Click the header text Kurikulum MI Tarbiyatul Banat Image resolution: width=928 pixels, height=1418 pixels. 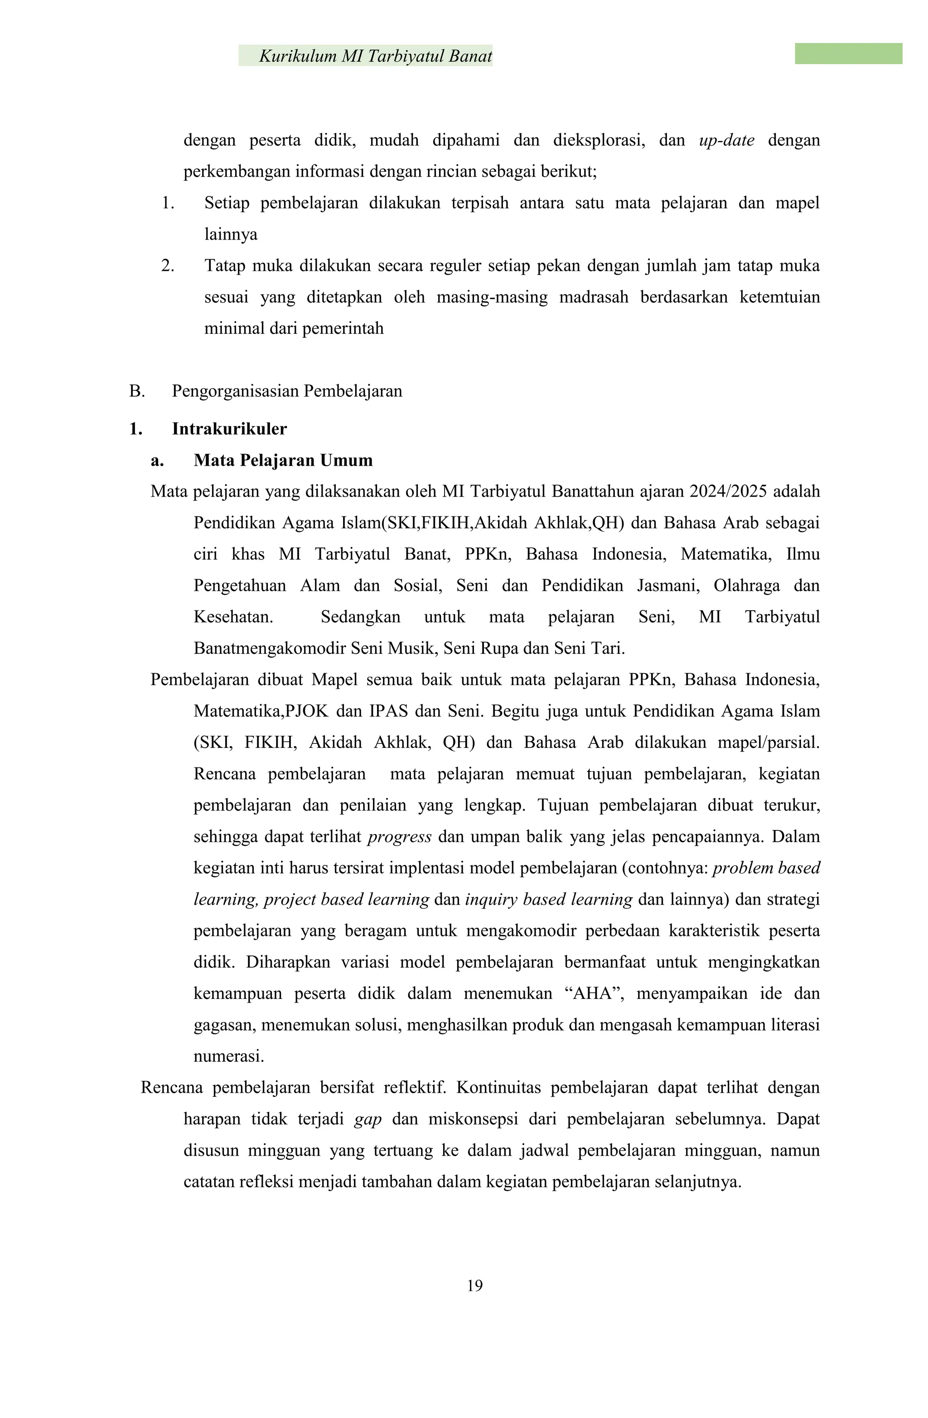pyautogui.click(x=376, y=56)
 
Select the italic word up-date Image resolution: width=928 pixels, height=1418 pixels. pyautogui.click(x=726, y=140)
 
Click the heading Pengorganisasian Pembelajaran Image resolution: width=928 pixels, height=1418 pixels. pyautogui.click(x=287, y=391)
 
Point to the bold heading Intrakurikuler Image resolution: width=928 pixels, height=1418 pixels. pyautogui.click(x=229, y=429)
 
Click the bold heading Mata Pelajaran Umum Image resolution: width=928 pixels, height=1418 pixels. pyautogui.click(x=283, y=461)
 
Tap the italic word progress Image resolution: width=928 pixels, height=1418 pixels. pyautogui.click(x=399, y=837)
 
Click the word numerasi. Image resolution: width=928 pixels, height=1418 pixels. pyautogui.click(x=228, y=1057)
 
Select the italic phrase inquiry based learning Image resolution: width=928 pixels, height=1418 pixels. pyautogui.click(x=548, y=900)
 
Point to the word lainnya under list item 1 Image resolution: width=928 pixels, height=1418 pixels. pyautogui.click(x=231, y=235)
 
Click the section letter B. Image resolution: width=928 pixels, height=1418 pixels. pyautogui.click(x=136, y=391)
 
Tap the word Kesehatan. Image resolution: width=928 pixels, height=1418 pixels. pyautogui.click(x=233, y=617)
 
